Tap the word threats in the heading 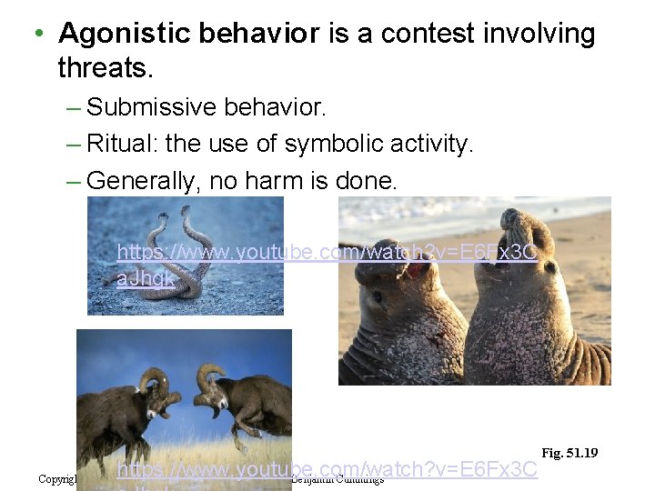[102, 66]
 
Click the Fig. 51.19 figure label [569, 453]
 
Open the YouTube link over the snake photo [327, 253]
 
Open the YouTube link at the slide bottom [327, 470]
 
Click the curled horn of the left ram [154, 379]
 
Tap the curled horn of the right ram [211, 375]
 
